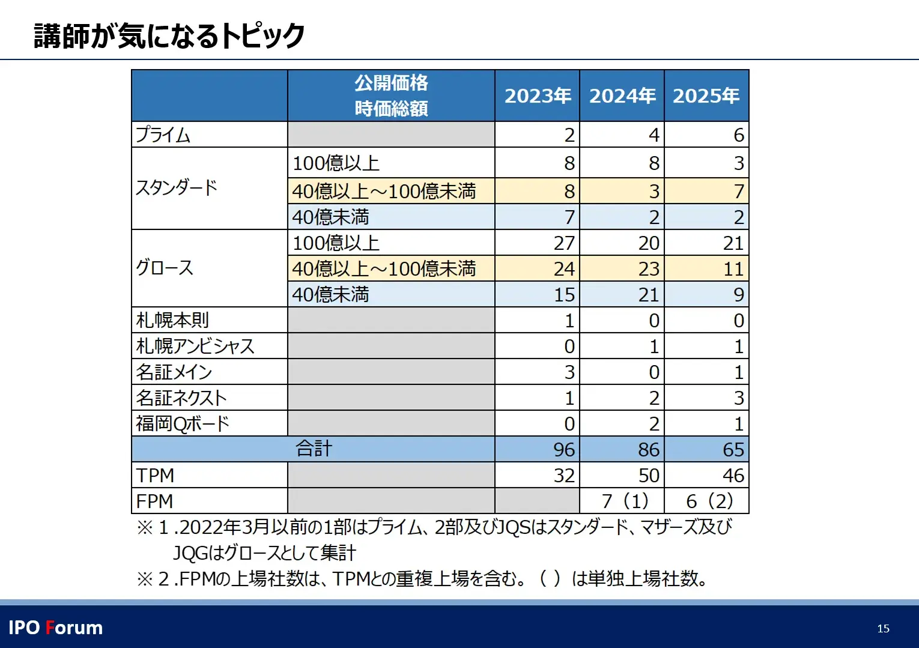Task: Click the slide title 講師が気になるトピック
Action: pos(169,35)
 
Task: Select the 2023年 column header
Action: pos(538,96)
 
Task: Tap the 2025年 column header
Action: pos(706,96)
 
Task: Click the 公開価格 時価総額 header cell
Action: pos(391,96)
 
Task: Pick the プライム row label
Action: pos(163,135)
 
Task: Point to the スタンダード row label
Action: pos(177,188)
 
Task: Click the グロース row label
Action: pos(165,267)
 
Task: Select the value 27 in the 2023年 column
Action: pos(564,243)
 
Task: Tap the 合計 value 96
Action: pos(564,449)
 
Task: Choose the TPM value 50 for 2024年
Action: pos(649,475)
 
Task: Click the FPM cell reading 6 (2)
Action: pos(709,501)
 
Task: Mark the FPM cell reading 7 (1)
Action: pos(625,501)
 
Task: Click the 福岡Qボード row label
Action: pos(183,423)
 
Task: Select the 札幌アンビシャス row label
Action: pos(195,346)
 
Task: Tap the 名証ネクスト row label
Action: pos(181,398)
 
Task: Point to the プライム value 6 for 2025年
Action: pos(739,135)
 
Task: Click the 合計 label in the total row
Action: pos(314,449)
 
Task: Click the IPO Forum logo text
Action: pos(56,628)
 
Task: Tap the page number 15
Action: pos(883,628)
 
